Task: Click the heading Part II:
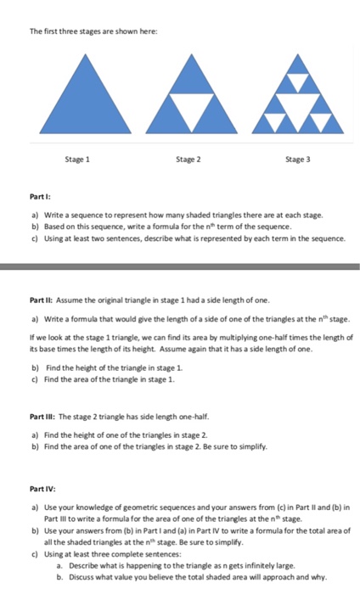44,300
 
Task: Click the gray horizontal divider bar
180,269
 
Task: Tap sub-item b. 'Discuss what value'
187,577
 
